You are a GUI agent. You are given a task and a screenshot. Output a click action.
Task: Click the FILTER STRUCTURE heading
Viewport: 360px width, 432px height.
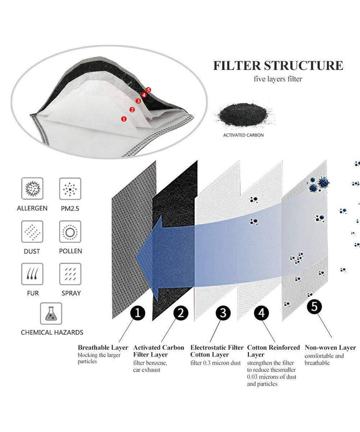[x=278, y=65]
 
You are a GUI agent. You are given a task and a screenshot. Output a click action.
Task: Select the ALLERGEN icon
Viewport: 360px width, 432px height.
[x=32, y=189]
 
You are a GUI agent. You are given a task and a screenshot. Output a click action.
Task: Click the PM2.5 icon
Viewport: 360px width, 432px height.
[x=70, y=189]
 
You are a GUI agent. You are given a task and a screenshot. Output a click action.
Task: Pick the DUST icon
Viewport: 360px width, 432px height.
[x=32, y=231]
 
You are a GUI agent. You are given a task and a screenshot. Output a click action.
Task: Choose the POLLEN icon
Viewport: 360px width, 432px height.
[x=70, y=231]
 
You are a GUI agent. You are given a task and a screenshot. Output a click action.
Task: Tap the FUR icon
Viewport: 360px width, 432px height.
[x=32, y=273]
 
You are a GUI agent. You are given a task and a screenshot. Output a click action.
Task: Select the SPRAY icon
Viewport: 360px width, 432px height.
[x=70, y=273]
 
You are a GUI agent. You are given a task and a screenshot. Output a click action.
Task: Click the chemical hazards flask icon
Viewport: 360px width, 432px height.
[x=51, y=313]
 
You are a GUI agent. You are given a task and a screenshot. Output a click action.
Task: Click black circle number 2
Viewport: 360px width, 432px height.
[x=180, y=313]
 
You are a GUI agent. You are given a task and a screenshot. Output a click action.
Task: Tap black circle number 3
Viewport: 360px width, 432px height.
[x=223, y=313]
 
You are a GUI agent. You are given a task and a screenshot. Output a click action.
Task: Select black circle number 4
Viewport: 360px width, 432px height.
[x=262, y=313]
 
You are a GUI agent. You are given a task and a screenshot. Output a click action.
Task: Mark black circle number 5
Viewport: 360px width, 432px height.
[x=316, y=306]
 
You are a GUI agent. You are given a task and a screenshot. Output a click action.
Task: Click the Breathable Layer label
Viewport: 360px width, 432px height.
[x=103, y=347]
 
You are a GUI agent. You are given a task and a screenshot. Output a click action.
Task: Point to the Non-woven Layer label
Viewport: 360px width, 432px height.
[x=330, y=347]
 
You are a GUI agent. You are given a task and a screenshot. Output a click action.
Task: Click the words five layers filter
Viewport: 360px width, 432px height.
[x=277, y=79]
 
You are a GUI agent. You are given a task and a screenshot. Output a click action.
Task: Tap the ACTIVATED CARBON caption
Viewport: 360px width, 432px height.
[x=243, y=135]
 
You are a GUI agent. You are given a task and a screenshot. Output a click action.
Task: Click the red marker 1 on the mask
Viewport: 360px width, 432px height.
[x=123, y=118]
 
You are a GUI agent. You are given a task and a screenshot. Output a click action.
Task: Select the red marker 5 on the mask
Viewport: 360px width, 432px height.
[x=148, y=89]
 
